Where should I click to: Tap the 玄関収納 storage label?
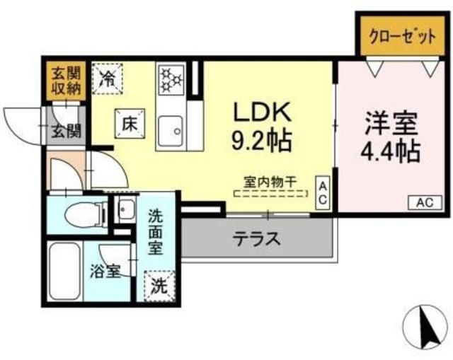65,81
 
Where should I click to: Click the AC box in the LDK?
323,192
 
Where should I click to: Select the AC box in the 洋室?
423,202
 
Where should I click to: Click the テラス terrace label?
257,238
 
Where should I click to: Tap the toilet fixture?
82,212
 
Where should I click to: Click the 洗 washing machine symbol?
160,286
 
